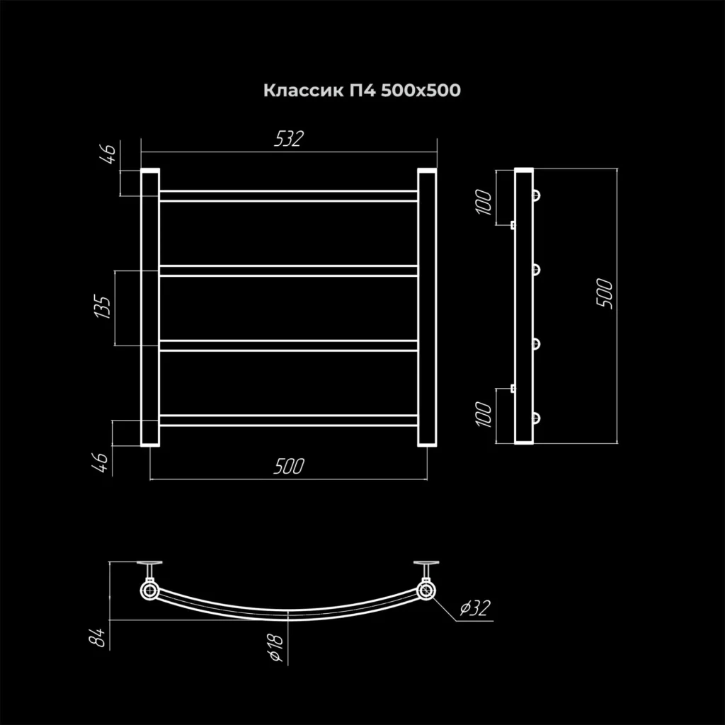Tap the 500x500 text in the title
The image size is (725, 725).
click(x=421, y=90)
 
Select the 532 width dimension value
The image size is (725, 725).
click(x=289, y=139)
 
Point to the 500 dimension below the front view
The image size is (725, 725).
click(x=289, y=466)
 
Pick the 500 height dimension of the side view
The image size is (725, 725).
click(x=605, y=294)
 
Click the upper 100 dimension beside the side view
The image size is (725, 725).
click(x=484, y=202)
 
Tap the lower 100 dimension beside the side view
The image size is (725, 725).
click(x=484, y=414)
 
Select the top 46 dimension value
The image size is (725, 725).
click(x=108, y=154)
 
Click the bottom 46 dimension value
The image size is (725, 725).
click(x=101, y=463)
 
